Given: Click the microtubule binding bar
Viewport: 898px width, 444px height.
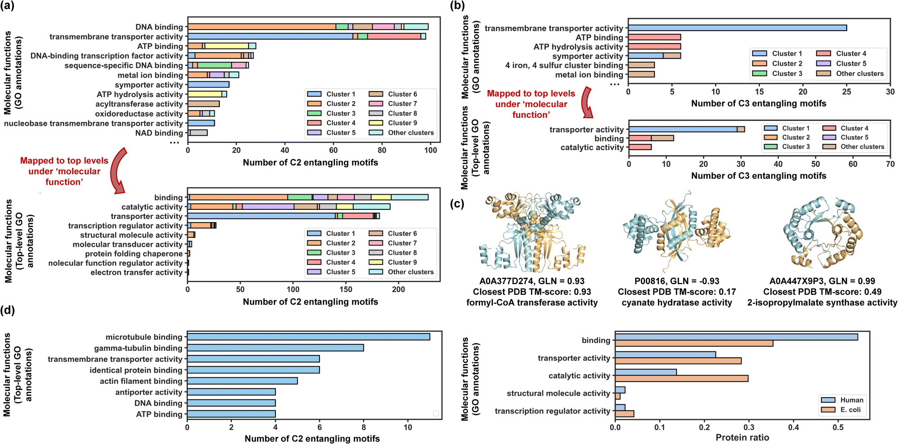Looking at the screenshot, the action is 309,337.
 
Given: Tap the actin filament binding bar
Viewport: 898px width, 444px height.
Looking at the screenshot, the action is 243,381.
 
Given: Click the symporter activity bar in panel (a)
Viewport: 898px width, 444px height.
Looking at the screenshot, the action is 209,84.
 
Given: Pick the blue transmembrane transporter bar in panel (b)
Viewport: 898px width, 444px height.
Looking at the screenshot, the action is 738,28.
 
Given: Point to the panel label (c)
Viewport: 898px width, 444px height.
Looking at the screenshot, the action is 458,204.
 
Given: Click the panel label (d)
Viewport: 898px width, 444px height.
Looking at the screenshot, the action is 8,310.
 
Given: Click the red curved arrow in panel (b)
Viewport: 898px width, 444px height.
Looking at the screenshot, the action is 587,102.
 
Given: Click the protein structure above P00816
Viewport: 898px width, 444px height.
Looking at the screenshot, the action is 676,233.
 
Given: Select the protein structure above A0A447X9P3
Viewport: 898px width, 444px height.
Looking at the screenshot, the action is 822,232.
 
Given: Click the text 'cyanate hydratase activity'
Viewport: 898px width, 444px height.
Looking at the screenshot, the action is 677,302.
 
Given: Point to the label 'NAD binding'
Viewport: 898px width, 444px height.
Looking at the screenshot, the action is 159,133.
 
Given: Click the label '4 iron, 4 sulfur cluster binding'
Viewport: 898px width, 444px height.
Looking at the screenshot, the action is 564,65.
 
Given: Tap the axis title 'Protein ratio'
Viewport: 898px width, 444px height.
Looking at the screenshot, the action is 742,438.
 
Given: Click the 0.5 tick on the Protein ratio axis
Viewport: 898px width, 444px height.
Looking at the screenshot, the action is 838,427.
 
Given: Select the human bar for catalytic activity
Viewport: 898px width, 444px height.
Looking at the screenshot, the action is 646,372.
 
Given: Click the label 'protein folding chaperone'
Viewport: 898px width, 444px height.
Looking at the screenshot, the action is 134,254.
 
